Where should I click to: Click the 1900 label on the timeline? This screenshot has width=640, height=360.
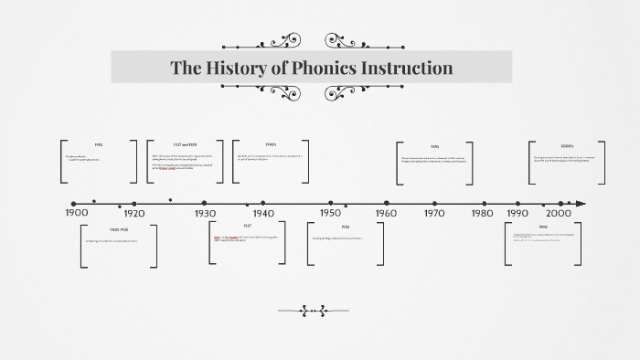(x=78, y=213)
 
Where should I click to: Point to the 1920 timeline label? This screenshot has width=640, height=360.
(x=133, y=213)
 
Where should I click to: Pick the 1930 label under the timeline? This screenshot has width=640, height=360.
(x=205, y=213)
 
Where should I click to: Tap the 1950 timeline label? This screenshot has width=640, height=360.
(x=331, y=213)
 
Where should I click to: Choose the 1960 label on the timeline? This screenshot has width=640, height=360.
(x=386, y=213)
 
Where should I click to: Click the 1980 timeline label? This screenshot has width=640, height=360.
(x=482, y=213)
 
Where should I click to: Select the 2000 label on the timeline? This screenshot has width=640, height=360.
(x=558, y=213)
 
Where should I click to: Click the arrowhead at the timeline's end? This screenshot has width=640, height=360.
(x=581, y=203)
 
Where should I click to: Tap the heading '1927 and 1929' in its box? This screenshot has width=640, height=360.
(x=185, y=145)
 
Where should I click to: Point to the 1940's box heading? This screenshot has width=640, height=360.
(x=271, y=144)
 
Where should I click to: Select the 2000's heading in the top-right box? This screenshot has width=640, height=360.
(x=567, y=145)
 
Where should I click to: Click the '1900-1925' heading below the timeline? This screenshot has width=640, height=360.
(x=119, y=228)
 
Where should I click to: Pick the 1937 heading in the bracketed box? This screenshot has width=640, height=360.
(x=247, y=226)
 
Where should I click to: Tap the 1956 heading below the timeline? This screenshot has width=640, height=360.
(x=346, y=227)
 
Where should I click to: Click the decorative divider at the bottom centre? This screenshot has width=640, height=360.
(x=313, y=311)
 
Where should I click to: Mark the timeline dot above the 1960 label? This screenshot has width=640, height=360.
(x=387, y=203)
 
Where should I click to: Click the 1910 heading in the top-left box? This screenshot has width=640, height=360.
(x=98, y=145)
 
